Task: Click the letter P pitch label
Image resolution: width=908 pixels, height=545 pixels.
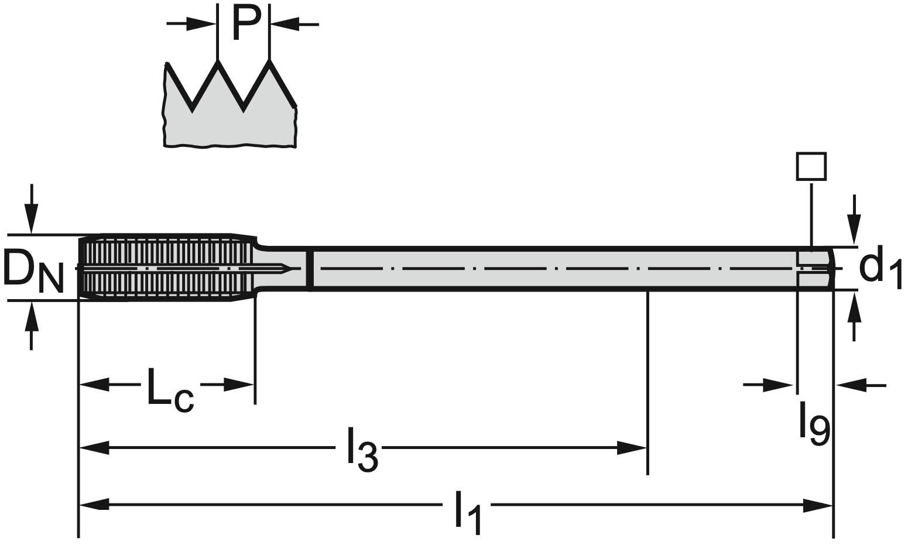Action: [x=244, y=23]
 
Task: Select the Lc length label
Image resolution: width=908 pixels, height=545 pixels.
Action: [x=170, y=389]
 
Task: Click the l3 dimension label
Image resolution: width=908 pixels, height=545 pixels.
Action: [x=362, y=450]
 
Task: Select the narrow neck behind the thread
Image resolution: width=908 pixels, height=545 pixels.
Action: [x=281, y=268]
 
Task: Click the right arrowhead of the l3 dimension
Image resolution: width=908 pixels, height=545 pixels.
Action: [x=632, y=449]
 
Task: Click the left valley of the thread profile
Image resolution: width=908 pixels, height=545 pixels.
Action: [x=193, y=109]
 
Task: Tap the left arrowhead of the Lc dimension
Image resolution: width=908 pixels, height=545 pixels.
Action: [x=94, y=385]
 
